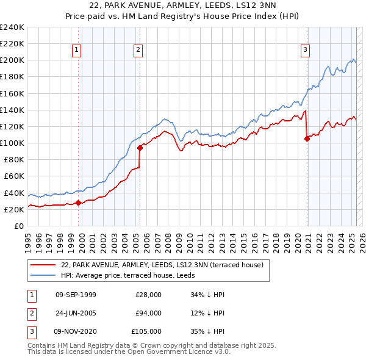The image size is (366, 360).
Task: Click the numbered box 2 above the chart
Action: (139, 50)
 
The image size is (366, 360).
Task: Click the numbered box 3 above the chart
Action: (305, 50)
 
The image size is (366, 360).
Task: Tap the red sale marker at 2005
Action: (140, 147)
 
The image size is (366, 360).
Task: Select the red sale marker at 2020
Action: (307, 139)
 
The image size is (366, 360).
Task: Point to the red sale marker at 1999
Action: (78, 203)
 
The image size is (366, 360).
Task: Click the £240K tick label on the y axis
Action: (12, 27)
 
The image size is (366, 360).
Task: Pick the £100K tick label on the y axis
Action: (12, 143)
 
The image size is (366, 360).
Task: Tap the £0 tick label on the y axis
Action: (18, 226)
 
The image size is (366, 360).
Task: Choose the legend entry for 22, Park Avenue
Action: (162, 265)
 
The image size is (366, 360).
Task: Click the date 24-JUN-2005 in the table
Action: (76, 313)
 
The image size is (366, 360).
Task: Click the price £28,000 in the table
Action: (148, 295)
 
